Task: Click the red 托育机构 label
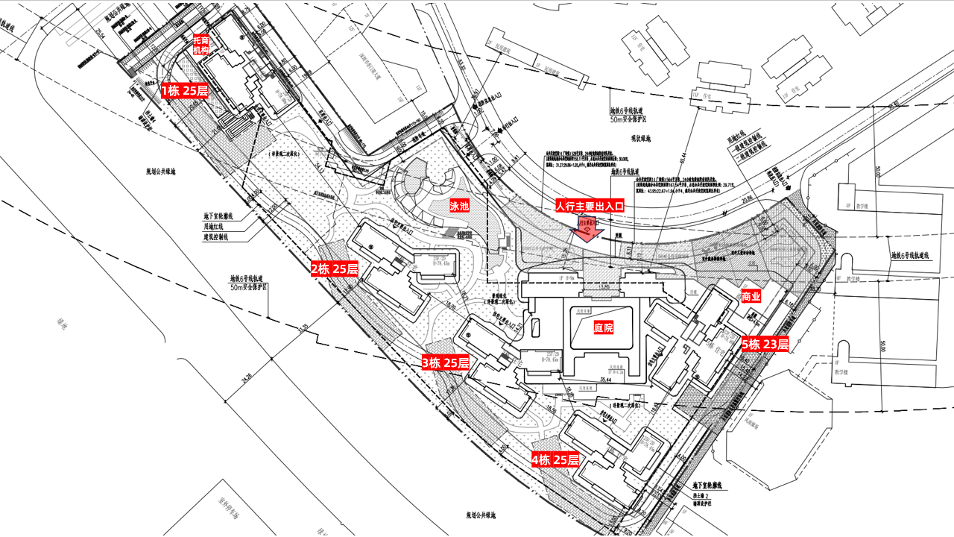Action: click(200, 45)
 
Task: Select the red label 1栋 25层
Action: click(184, 91)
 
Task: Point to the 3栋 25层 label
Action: click(446, 363)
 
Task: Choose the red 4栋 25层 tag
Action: click(555, 459)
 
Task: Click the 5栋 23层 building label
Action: click(765, 345)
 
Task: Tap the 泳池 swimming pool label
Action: click(459, 205)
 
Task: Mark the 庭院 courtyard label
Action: click(603, 327)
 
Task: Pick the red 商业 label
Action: click(751, 297)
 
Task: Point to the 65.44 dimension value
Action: click(683, 159)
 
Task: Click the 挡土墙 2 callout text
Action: click(705, 495)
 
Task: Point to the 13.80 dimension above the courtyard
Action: click(602, 286)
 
